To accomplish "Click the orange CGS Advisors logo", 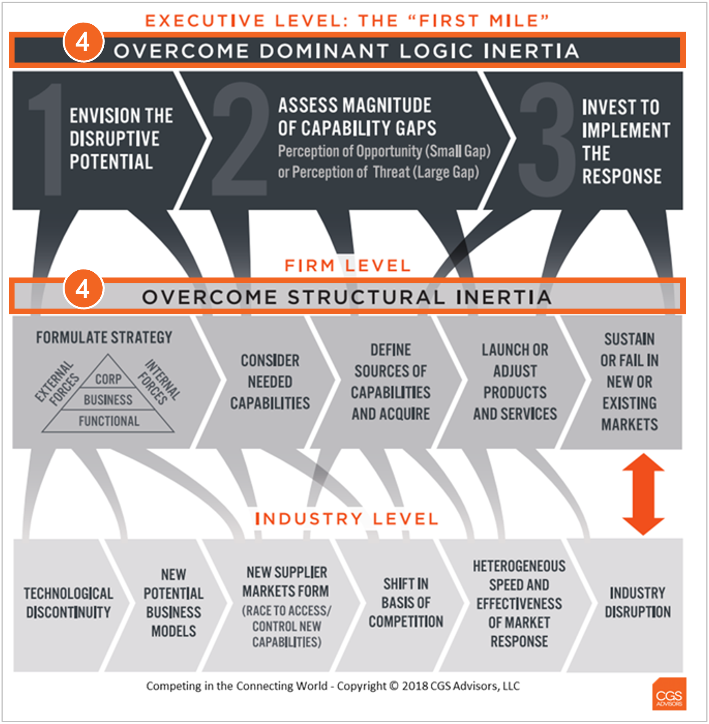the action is tap(669, 694).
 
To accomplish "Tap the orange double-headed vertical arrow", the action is tap(643, 494).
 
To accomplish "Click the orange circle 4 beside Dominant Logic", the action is tap(83, 42).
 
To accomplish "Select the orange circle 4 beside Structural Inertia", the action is tap(83, 288).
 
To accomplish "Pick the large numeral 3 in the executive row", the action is tap(547, 139).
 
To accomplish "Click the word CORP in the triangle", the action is tap(108, 379).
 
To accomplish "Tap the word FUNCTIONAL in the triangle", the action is tap(109, 421).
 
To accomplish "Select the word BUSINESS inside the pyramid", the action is tap(108, 400).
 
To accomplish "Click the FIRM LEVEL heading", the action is tap(347, 265).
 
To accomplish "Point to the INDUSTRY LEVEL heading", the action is tap(347, 519).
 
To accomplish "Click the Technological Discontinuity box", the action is tap(68, 603).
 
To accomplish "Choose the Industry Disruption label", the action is tap(637, 602).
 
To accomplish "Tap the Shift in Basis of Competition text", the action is tap(406, 602).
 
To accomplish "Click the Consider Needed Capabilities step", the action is tap(270, 382).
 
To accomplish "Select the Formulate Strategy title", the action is tap(104, 337).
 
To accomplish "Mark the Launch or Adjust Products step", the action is tap(515, 382).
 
